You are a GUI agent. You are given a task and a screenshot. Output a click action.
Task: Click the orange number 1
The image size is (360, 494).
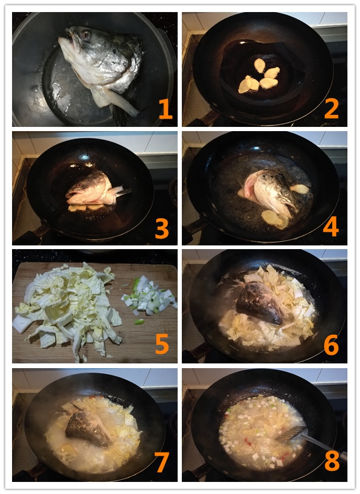click(165, 109)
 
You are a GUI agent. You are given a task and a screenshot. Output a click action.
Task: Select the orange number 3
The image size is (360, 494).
click(161, 229)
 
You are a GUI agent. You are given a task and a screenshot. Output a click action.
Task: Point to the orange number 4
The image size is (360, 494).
click(331, 227)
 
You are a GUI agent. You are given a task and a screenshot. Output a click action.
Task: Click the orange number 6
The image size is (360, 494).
click(331, 346)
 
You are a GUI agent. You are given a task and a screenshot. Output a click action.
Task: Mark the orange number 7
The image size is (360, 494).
click(161, 463)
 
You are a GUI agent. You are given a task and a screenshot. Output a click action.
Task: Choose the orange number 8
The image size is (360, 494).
click(331, 462)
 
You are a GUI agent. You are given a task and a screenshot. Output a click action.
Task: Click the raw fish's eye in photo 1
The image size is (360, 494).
click(86, 35)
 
